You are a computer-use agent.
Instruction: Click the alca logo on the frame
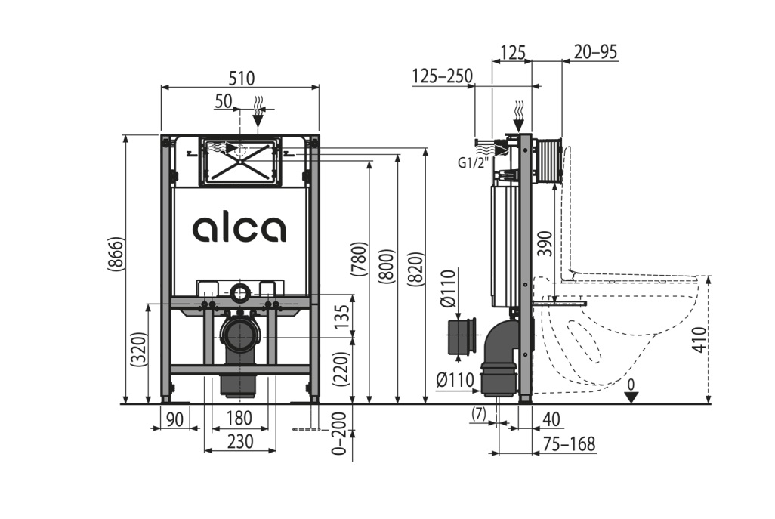click(x=239, y=229)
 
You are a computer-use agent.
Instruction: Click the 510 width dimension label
click(x=241, y=78)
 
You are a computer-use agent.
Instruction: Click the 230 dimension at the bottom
click(x=240, y=442)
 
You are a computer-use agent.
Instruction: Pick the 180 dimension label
click(x=239, y=418)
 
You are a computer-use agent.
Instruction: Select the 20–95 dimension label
click(x=595, y=51)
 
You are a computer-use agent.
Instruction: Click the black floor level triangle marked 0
click(x=631, y=396)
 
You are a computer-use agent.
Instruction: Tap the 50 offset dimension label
click(x=223, y=101)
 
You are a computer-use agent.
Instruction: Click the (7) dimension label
click(x=477, y=414)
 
